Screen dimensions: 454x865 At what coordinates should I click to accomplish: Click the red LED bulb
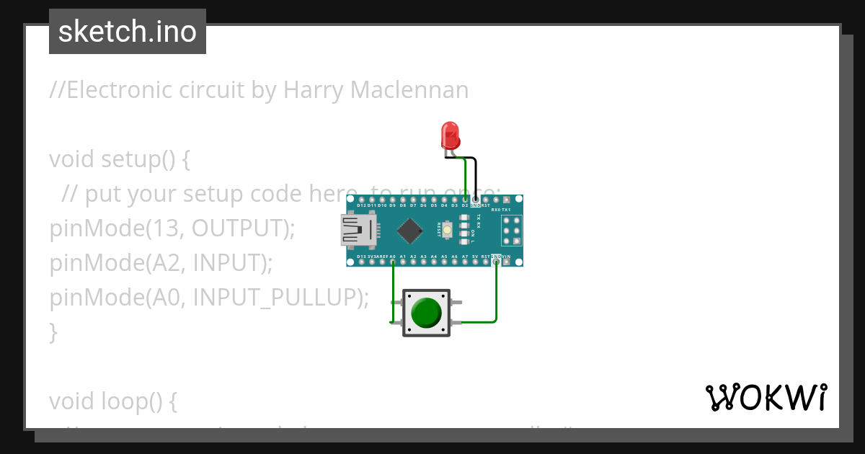click(x=450, y=135)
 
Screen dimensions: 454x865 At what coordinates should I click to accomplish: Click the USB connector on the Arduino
click(x=358, y=230)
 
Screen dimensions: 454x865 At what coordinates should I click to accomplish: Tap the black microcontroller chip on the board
click(x=410, y=230)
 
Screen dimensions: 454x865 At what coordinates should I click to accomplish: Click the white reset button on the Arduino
click(x=448, y=230)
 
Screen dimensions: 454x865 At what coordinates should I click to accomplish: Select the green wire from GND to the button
click(x=496, y=295)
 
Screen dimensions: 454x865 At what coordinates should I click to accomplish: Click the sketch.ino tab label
click(x=128, y=32)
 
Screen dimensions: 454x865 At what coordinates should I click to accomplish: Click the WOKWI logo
click(x=766, y=397)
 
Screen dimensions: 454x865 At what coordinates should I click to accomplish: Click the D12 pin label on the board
click(x=361, y=205)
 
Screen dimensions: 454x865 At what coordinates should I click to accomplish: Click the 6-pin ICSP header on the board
click(x=511, y=231)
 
